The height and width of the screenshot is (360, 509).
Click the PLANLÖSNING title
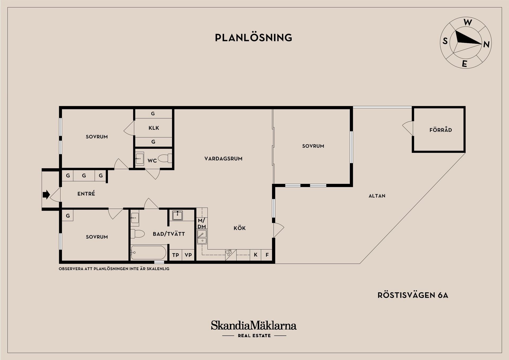pyautogui.click(x=253, y=37)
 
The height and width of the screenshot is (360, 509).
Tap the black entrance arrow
pyautogui.click(x=46, y=194)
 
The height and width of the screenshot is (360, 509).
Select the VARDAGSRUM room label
pyautogui.click(x=223, y=159)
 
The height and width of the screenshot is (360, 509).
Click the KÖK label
pyautogui.click(x=240, y=228)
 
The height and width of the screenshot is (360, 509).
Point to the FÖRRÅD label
pyautogui.click(x=441, y=130)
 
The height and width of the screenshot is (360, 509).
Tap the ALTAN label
pyautogui.click(x=377, y=196)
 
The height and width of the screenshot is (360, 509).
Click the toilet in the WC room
pyautogui.click(x=165, y=158)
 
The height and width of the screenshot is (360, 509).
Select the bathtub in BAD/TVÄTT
pyautogui.click(x=149, y=252)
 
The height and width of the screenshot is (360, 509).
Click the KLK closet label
pyautogui.click(x=154, y=128)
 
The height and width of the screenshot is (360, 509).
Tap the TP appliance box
pyautogui.click(x=175, y=255)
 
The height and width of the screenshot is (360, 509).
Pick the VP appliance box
pyautogui.click(x=188, y=255)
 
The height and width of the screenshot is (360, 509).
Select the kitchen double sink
pyautogui.click(x=202, y=237)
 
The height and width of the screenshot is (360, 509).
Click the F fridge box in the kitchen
pyautogui.click(x=267, y=255)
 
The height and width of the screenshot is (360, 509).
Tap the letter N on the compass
pyautogui.click(x=486, y=44)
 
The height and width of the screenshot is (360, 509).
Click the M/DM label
pyautogui.click(x=201, y=223)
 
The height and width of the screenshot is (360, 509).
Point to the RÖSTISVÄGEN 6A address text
pyautogui.click(x=413, y=295)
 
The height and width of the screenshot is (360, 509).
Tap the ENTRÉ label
pyautogui.click(x=86, y=194)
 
